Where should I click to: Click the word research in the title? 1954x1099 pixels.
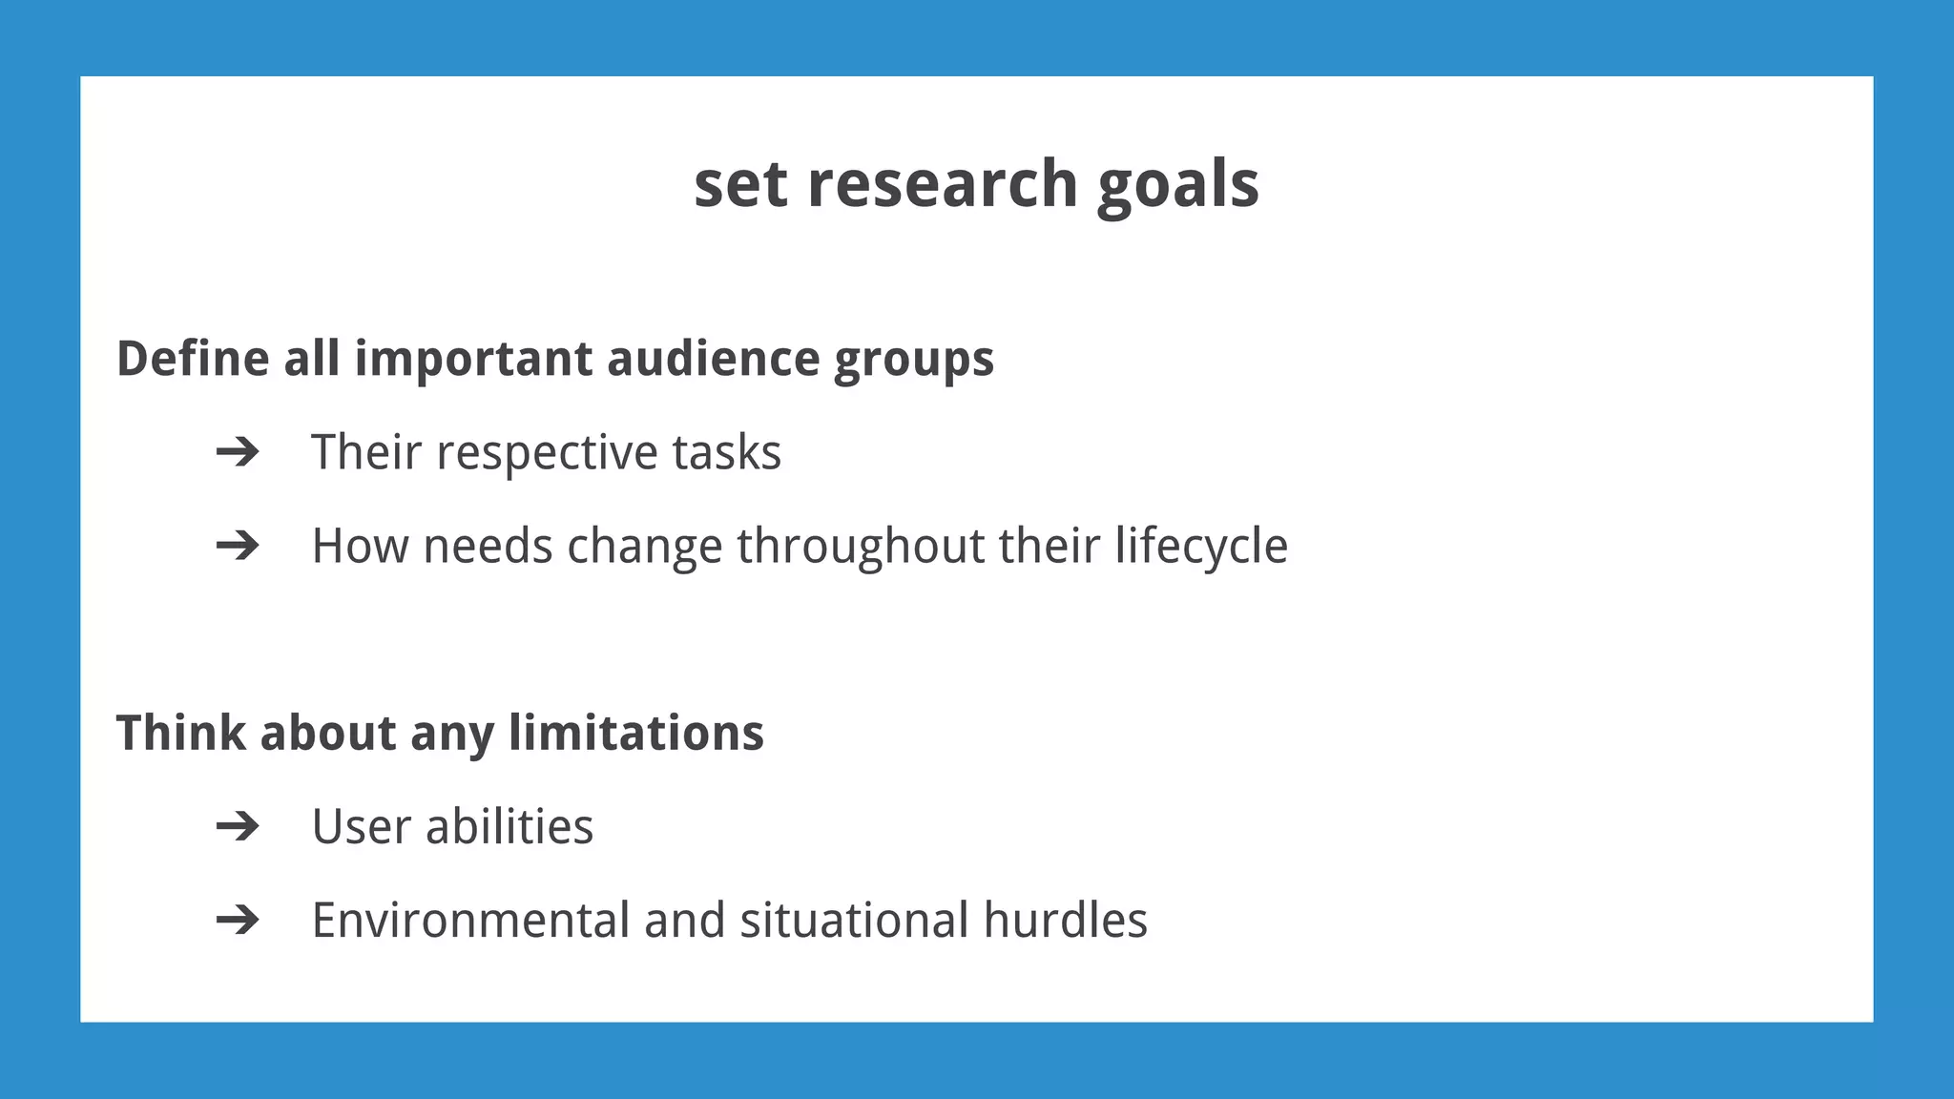(943, 183)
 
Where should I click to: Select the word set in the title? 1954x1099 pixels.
(740, 183)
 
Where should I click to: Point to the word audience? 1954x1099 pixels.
(713, 359)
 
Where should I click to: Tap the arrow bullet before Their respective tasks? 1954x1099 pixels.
(238, 451)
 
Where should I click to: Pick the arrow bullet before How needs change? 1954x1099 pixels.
(238, 546)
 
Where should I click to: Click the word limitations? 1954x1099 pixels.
(635, 733)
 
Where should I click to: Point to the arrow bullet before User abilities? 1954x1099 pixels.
(238, 826)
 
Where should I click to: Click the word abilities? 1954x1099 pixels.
(509, 826)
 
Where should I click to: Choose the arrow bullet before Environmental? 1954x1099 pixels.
(238, 920)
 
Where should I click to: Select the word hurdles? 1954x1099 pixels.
(1065, 920)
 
